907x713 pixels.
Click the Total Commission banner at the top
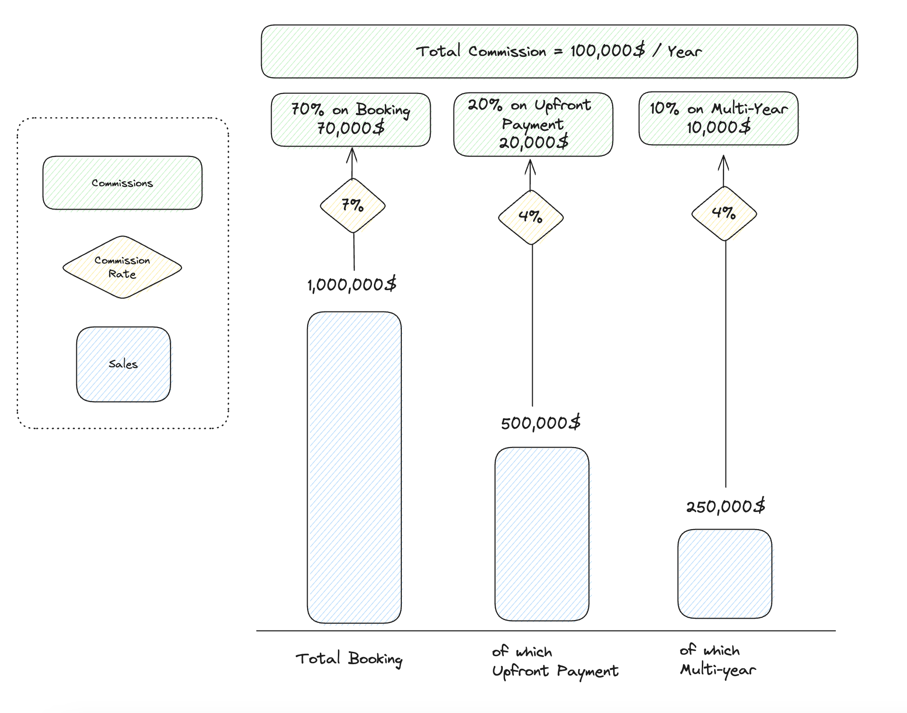(x=559, y=51)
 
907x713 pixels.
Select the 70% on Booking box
(x=351, y=119)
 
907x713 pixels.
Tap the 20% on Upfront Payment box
(x=533, y=124)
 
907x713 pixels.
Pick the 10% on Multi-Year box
(x=718, y=119)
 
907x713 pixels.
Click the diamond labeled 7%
(x=353, y=205)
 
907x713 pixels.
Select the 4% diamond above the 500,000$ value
(x=531, y=217)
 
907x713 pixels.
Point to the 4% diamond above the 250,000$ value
(x=724, y=213)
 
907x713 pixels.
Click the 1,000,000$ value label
(x=352, y=285)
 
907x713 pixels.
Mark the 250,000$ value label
(x=726, y=506)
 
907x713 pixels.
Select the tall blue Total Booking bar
(x=354, y=467)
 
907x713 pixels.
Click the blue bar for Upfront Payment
(x=542, y=534)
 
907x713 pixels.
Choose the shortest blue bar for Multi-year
(x=725, y=574)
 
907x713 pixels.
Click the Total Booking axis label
(x=349, y=658)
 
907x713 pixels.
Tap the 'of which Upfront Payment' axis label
(x=554, y=662)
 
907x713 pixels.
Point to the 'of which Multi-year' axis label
(x=717, y=660)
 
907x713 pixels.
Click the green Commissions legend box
(x=122, y=183)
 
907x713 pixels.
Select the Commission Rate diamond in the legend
(x=122, y=267)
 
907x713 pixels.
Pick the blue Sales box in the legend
(x=123, y=364)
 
